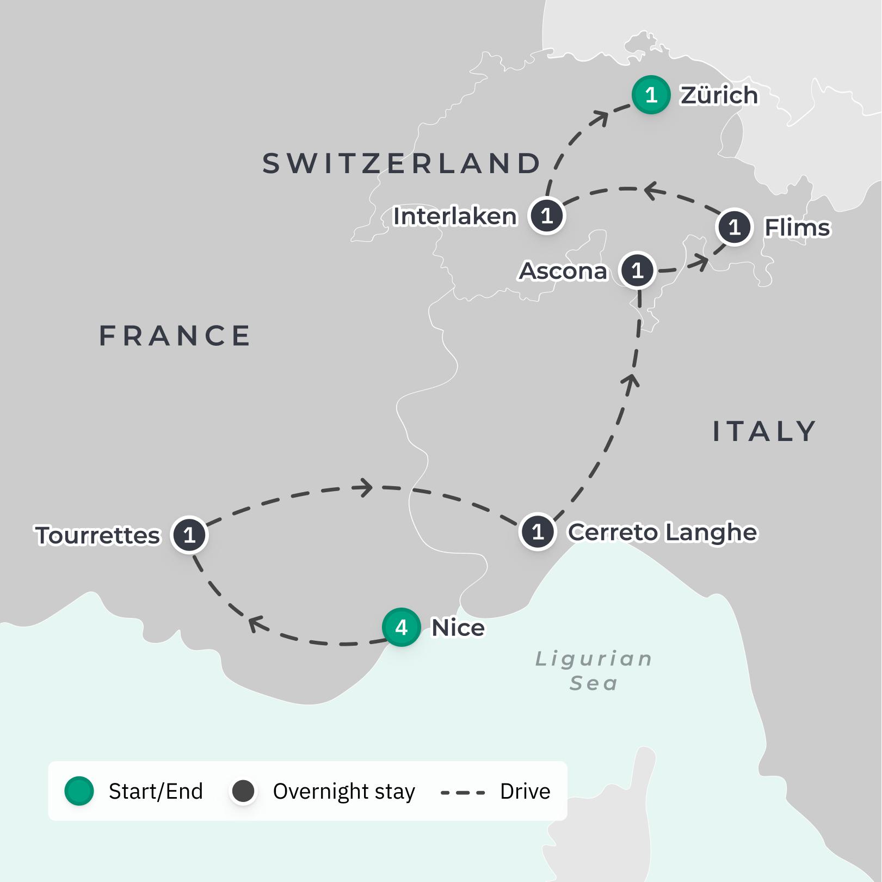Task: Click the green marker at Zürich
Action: tap(651, 95)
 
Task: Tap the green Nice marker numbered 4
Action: tap(402, 627)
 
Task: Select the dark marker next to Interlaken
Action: tap(547, 216)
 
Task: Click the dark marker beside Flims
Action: tap(735, 227)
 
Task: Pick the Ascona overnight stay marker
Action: tap(637, 270)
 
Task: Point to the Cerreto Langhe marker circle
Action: tap(538, 531)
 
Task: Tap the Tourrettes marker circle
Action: tap(189, 535)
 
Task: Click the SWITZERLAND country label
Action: tap(402, 163)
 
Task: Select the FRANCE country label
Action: tap(175, 335)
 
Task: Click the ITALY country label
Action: tap(764, 431)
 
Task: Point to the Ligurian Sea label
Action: tap(594, 670)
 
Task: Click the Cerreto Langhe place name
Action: tap(662, 532)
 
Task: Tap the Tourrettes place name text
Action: tap(98, 535)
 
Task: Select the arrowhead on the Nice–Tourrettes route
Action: tap(256, 623)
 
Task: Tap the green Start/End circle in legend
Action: tap(79, 791)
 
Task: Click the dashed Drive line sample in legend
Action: tap(462, 792)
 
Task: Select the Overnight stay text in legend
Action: tap(344, 791)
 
